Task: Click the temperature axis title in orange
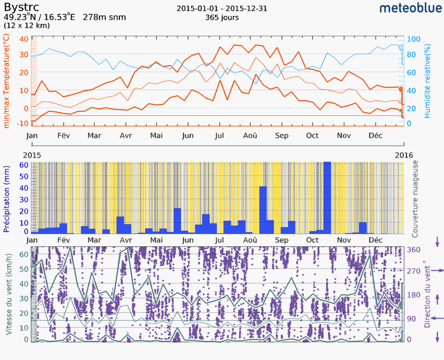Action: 7,82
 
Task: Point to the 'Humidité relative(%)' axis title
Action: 428,81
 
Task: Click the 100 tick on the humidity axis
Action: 414,39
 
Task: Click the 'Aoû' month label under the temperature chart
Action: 250,136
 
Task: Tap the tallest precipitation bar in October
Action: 327,197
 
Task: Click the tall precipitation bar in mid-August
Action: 263,209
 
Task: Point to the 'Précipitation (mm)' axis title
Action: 7,197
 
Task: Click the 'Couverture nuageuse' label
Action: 415,199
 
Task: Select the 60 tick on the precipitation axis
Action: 23,165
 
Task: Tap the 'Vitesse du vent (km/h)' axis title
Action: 8,294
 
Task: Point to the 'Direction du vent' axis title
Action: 428,294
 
